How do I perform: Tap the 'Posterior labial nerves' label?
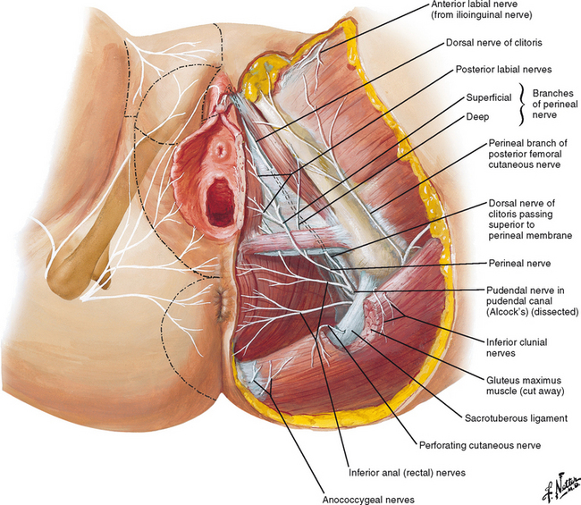click(501, 68)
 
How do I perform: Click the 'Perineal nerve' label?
click(518, 264)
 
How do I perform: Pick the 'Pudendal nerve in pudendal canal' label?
click(531, 290)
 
